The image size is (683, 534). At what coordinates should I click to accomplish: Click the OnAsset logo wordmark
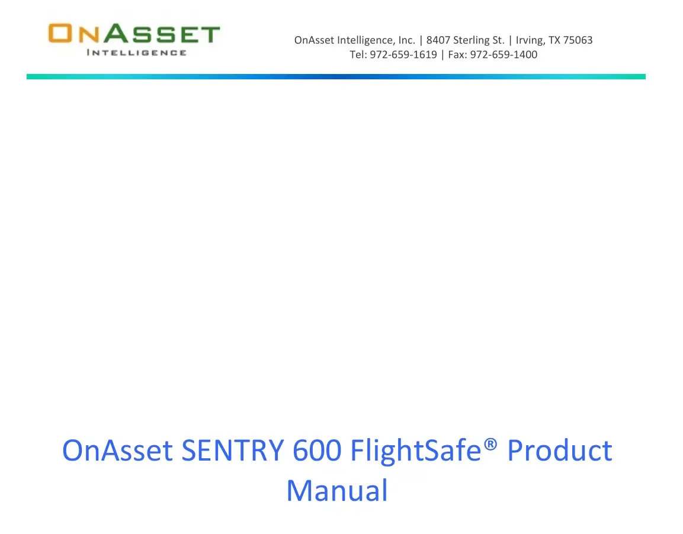tap(134, 34)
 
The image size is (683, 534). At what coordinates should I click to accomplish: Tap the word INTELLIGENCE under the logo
tap(136, 53)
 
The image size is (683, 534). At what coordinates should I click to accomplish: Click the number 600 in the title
tap(317, 451)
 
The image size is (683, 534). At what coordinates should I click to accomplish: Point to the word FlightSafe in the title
tap(415, 451)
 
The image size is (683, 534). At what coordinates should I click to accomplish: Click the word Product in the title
tap(560, 451)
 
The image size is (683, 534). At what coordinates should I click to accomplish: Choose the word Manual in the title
tap(337, 491)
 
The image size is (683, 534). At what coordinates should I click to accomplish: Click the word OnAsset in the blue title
tap(117, 451)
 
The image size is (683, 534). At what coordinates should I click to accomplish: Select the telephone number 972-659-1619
tap(403, 55)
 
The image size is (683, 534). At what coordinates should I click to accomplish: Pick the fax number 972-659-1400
tap(504, 55)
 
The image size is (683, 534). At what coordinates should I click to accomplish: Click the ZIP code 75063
tap(578, 40)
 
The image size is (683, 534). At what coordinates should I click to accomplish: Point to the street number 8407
tap(438, 40)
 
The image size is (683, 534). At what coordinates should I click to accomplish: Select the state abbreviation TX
tap(554, 40)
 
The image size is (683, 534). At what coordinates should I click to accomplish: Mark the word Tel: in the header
tap(359, 55)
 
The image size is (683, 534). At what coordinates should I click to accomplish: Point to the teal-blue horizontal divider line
tap(336, 76)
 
